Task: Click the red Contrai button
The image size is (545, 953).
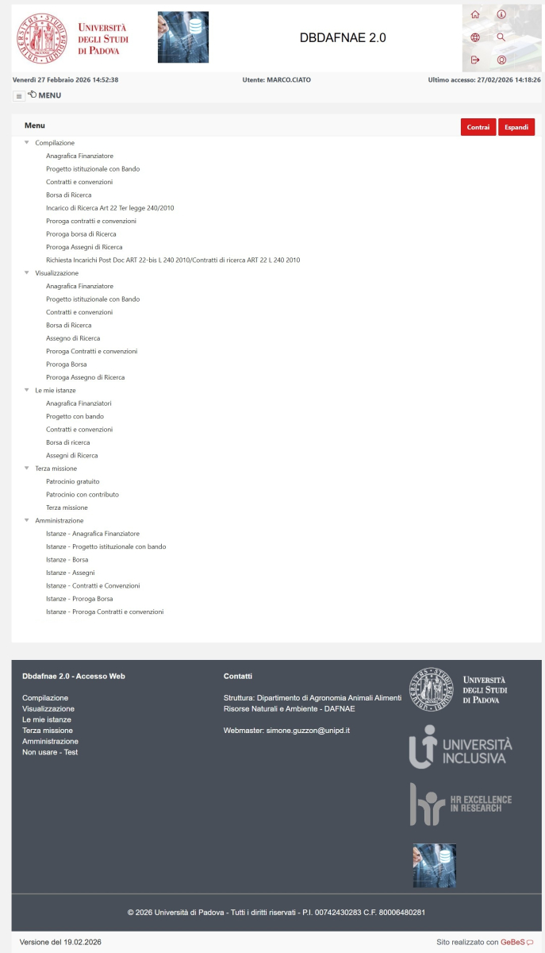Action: pyautogui.click(x=478, y=127)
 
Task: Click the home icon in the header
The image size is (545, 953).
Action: pyautogui.click(x=475, y=14)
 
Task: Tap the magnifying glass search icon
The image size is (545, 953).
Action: pyautogui.click(x=501, y=37)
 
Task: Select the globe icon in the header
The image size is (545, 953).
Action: pyautogui.click(x=475, y=37)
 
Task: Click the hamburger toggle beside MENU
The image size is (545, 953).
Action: pyautogui.click(x=19, y=96)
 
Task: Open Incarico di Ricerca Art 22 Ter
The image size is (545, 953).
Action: pyautogui.click(x=109, y=208)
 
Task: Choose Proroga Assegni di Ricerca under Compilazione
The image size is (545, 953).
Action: pyautogui.click(x=84, y=247)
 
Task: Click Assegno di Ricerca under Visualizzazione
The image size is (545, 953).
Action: pyautogui.click(x=73, y=338)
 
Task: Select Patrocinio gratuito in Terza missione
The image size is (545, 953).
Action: pyautogui.click(x=73, y=481)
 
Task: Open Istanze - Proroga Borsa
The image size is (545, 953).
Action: pyautogui.click(x=79, y=599)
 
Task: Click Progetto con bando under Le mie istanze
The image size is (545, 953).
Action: pyautogui.click(x=75, y=416)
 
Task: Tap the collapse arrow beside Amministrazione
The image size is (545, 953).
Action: pyautogui.click(x=27, y=520)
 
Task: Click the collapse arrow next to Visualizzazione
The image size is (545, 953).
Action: pyautogui.click(x=27, y=272)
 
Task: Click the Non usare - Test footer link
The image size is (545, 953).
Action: pyautogui.click(x=50, y=752)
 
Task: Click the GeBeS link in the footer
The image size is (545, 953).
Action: pyautogui.click(x=516, y=942)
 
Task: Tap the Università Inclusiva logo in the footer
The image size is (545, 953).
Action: pyautogui.click(x=460, y=747)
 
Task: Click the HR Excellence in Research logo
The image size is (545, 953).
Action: pyautogui.click(x=460, y=804)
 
